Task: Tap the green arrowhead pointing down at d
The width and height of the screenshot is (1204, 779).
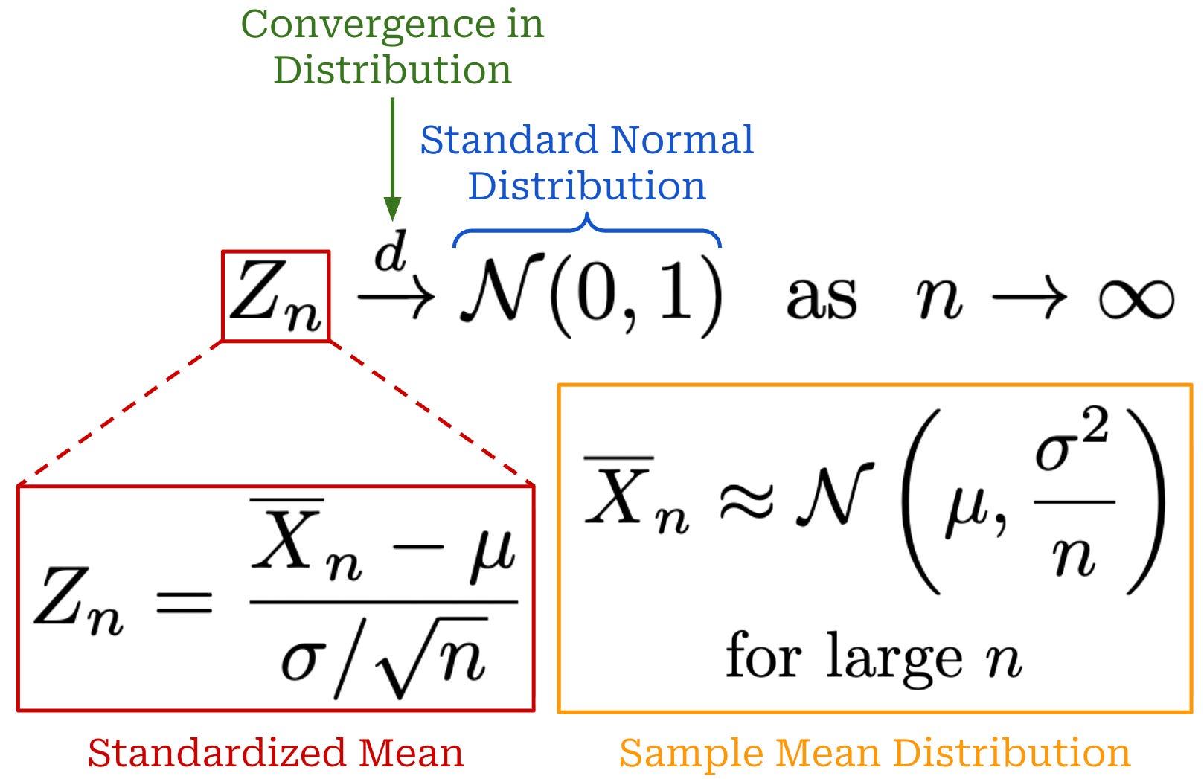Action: point(392,208)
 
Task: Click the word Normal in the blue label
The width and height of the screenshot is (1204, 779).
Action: point(682,140)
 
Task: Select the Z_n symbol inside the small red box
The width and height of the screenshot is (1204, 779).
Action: point(276,296)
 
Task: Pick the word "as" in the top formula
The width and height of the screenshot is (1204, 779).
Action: point(822,298)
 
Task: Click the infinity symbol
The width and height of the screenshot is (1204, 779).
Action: point(1136,299)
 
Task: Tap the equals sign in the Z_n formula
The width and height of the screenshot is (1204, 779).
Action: point(184,601)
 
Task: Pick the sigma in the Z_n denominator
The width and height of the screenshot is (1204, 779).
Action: point(303,661)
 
